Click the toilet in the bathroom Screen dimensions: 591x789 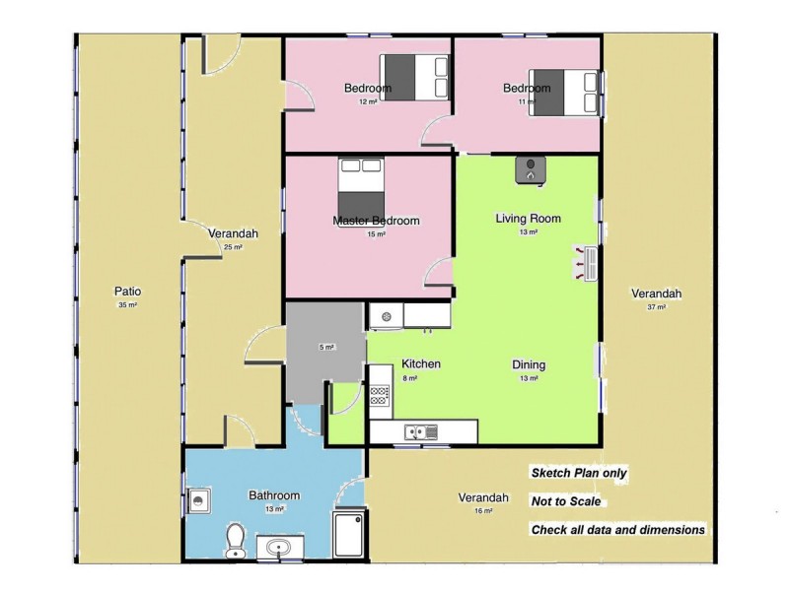[235, 541]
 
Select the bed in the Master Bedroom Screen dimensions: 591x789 [360, 180]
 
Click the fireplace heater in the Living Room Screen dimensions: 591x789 [532, 169]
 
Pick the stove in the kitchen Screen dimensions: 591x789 [380, 396]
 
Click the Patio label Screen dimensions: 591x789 [127, 292]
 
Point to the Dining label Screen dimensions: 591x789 [529, 364]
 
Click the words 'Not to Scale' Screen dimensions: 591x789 [566, 501]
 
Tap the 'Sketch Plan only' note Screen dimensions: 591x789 [579, 473]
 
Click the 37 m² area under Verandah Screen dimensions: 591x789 [657, 307]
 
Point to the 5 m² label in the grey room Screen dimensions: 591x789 [326, 347]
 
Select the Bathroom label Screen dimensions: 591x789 [274, 495]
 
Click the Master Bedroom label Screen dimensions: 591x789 [376, 221]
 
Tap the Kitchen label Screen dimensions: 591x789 [421, 363]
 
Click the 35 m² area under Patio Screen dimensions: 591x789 [127, 305]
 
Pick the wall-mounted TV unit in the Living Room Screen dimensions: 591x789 [589, 263]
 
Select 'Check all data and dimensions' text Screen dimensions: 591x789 [618, 529]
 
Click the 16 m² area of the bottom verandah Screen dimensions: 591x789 [483, 511]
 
